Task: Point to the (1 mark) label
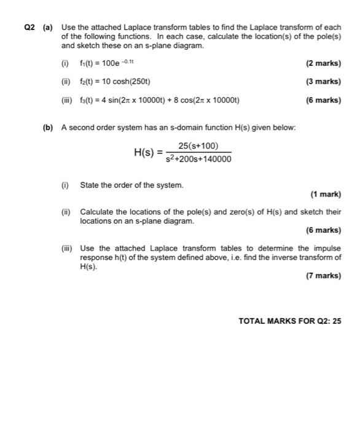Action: (x=326, y=195)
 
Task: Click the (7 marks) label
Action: (x=323, y=276)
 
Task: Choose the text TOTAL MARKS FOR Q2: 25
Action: (x=289, y=321)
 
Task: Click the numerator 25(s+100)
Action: (x=198, y=146)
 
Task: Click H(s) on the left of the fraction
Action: (x=145, y=152)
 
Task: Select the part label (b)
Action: (x=48, y=127)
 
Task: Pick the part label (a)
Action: (x=48, y=28)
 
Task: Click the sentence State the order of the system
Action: (x=131, y=185)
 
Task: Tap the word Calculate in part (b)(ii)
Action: (x=97, y=212)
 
